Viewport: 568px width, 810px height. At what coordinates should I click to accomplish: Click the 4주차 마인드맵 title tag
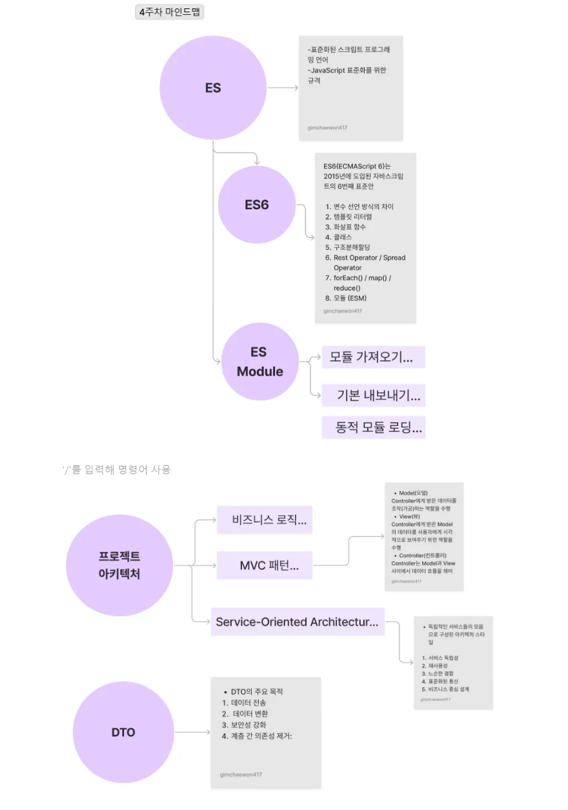169,12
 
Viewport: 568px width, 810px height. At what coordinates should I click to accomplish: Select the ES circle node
213,87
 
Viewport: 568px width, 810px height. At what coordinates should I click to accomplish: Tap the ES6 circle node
256,205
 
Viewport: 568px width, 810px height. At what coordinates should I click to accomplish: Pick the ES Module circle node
259,362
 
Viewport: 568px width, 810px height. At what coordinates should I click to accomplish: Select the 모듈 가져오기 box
373,357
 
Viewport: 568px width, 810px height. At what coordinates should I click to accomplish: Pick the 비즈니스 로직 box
265,520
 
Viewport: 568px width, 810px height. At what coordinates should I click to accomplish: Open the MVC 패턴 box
265,566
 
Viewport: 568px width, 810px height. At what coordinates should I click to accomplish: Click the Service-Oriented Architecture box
298,621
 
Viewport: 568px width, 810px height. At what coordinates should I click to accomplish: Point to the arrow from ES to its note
283,87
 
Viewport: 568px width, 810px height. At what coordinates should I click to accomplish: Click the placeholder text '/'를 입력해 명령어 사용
116,470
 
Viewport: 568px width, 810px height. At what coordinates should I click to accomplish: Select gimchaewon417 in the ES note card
327,127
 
